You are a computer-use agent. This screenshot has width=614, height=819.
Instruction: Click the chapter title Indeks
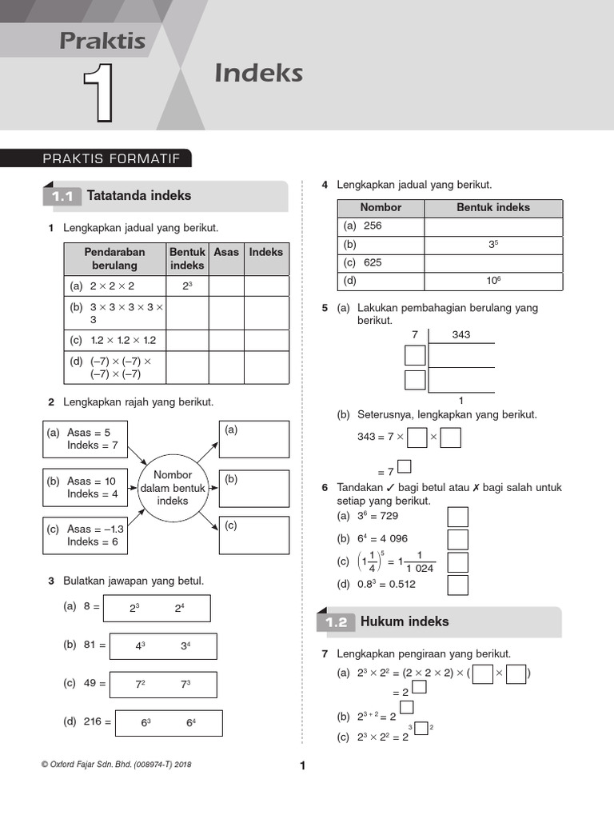coord(258,74)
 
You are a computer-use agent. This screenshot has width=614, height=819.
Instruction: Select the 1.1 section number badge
coord(62,197)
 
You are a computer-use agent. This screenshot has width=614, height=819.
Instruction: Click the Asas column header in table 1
coord(226,252)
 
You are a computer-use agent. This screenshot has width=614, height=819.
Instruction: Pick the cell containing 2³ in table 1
coord(187,286)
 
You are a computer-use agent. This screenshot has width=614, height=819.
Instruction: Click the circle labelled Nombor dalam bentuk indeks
coord(173,488)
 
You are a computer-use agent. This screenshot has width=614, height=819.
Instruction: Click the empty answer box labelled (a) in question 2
coord(254,438)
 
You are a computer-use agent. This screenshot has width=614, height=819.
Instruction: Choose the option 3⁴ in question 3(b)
coord(185,646)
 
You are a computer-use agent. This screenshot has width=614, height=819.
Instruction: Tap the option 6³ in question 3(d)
coord(146,722)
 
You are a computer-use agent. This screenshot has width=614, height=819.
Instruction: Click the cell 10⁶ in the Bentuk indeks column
coord(493,281)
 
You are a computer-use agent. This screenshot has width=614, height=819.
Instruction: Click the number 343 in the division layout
coord(460,334)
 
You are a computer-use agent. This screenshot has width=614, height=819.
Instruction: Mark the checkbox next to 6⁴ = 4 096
coord(457,539)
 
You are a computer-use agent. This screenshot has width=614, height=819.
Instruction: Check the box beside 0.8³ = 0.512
coord(457,585)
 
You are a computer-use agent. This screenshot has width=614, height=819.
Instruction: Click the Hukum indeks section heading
coord(405,621)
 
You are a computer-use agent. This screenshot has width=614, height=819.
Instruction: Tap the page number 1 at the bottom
coord(303,766)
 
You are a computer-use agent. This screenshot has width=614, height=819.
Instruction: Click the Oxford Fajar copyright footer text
coord(116,765)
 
